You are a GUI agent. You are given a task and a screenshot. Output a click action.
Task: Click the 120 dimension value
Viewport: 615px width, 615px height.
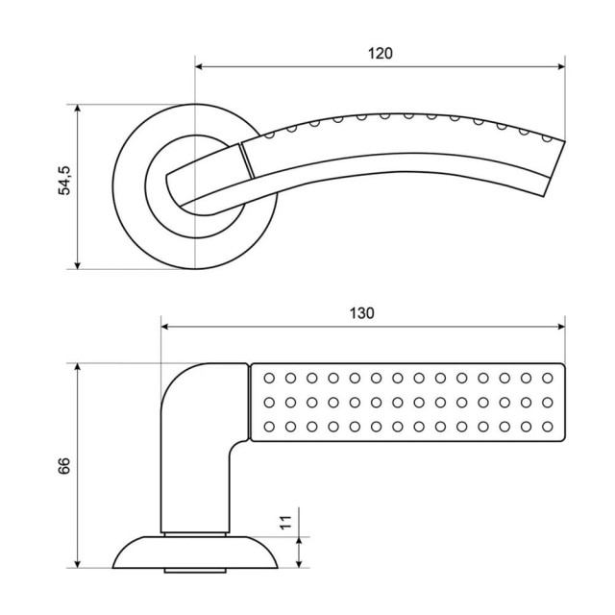[381, 54]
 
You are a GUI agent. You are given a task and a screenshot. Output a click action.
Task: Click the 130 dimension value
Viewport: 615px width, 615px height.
[362, 313]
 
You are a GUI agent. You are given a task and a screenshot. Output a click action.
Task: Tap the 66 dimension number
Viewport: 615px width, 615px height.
[64, 466]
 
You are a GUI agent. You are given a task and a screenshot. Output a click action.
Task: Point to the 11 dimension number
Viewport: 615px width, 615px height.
[284, 523]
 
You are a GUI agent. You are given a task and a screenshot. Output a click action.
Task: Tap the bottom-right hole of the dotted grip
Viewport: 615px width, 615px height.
[549, 426]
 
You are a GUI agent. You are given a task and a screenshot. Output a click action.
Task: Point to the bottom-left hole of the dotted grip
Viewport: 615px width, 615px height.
[268, 426]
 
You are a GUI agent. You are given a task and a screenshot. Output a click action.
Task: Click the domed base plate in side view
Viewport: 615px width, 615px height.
[196, 552]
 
